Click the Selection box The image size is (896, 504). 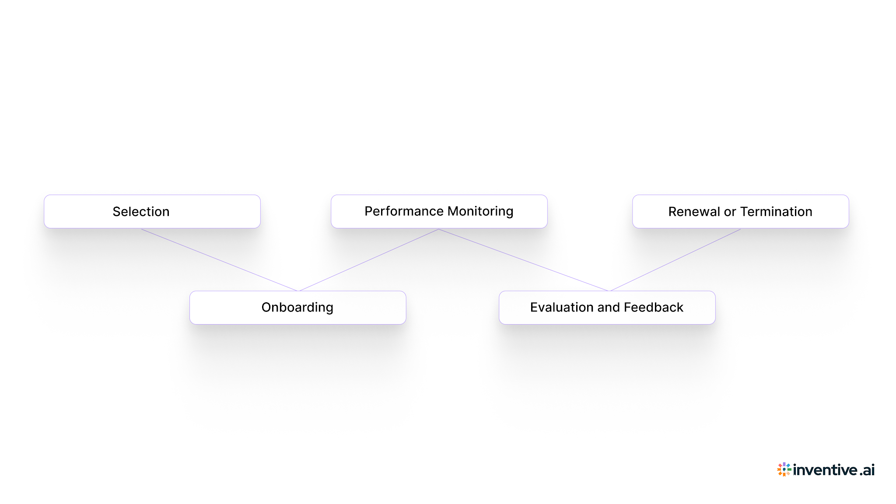pyautogui.click(x=152, y=211)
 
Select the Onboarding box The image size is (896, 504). pyautogui.click(x=297, y=308)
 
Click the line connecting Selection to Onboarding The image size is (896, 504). pyautogui.click(x=219, y=260)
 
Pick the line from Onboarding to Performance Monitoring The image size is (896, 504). pyautogui.click(x=367, y=260)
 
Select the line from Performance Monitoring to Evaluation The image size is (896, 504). pyautogui.click(x=523, y=260)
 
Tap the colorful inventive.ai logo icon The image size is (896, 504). pyautogui.click(x=784, y=469)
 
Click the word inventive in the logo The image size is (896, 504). pyautogui.click(x=825, y=470)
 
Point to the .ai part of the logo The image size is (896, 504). pyautogui.click(x=867, y=470)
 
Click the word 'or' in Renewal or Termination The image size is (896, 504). pyautogui.click(x=730, y=212)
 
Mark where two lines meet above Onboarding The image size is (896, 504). pyautogui.click(x=297, y=290)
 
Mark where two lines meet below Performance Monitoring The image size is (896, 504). pyautogui.click(x=438, y=229)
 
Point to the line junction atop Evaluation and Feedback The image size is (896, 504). pyautogui.click(x=609, y=290)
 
